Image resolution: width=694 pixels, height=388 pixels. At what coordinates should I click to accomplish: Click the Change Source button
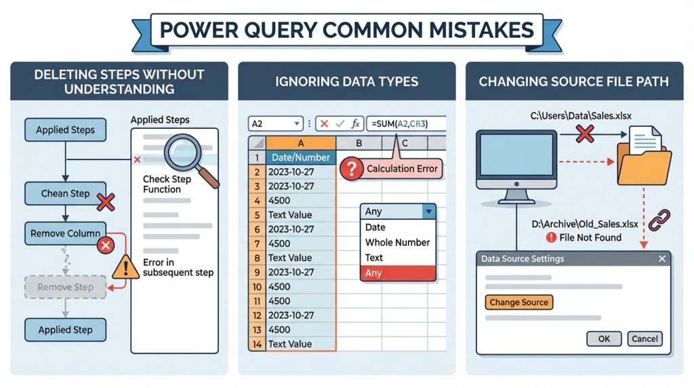click(x=519, y=302)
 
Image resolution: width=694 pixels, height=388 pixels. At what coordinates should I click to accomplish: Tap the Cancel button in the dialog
click(x=644, y=338)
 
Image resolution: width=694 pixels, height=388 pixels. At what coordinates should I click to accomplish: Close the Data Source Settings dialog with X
click(x=661, y=258)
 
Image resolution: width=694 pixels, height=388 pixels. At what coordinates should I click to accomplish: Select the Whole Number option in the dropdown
click(x=397, y=242)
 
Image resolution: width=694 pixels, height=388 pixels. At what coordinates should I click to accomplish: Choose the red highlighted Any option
click(x=397, y=273)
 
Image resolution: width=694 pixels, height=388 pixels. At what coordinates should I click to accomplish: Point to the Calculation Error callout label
click(x=403, y=168)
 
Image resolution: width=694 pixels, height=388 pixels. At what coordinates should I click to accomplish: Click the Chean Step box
click(x=65, y=193)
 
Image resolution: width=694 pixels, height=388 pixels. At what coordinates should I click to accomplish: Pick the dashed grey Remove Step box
click(x=65, y=287)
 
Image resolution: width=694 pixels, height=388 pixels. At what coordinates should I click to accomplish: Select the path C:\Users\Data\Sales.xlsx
click(x=581, y=116)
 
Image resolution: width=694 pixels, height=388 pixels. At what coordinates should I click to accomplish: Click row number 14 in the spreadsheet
click(x=256, y=344)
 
